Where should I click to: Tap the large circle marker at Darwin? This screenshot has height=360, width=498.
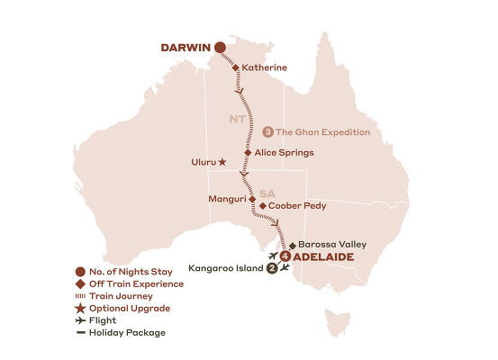coord(219,48)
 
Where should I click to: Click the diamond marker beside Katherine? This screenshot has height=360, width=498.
coord(236,67)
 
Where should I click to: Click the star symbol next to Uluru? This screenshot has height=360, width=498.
coord(222,163)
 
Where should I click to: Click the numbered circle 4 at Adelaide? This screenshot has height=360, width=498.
coord(285,256)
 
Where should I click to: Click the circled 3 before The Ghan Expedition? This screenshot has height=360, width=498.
coord(267,132)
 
